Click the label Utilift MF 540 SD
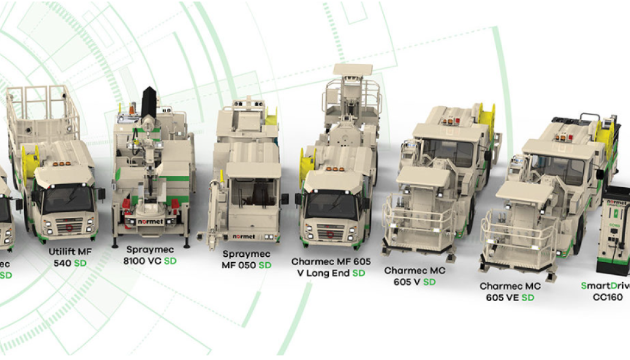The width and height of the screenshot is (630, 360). click(70, 257)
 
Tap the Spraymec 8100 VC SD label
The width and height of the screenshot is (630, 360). click(151, 255)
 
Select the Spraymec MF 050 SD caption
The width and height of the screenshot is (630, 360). click(247, 260)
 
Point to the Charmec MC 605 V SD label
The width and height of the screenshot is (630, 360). click(415, 276)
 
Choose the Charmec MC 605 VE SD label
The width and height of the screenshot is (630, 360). click(509, 292)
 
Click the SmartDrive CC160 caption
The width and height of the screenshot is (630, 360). click(606, 290)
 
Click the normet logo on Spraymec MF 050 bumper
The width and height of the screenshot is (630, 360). click(244, 236)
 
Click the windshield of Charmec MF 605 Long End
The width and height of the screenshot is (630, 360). click(332, 205)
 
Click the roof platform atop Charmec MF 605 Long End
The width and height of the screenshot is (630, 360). click(353, 90)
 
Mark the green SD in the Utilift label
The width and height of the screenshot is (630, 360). click(80, 263)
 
